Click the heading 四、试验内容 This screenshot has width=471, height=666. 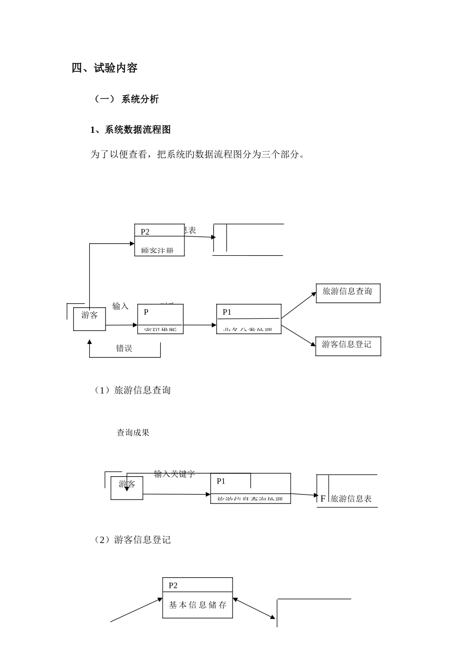coord(105,68)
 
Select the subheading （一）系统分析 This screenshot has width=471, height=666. coord(126,99)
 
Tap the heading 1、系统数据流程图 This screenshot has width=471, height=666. coord(130,130)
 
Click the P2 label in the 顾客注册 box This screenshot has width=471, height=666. coord(145,231)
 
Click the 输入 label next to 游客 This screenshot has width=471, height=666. coord(120,306)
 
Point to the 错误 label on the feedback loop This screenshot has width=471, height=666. coord(124,348)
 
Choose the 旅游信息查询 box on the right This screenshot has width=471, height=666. coord(348,292)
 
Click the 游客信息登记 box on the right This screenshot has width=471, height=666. coord(348,345)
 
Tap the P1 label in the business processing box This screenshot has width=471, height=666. coord(227,312)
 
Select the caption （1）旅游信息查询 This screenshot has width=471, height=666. coord(132,390)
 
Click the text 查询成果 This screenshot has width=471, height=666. coord(133,433)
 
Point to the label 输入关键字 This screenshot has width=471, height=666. coord(175,474)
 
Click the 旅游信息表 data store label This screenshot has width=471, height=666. coord(351,499)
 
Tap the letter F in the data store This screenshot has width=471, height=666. coord(323,499)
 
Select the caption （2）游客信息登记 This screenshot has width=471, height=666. coord(132,540)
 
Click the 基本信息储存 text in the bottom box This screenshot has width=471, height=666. coord(197,605)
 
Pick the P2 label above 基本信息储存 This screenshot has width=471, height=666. coord(173,585)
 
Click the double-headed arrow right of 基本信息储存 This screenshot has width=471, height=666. coord(254,609)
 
